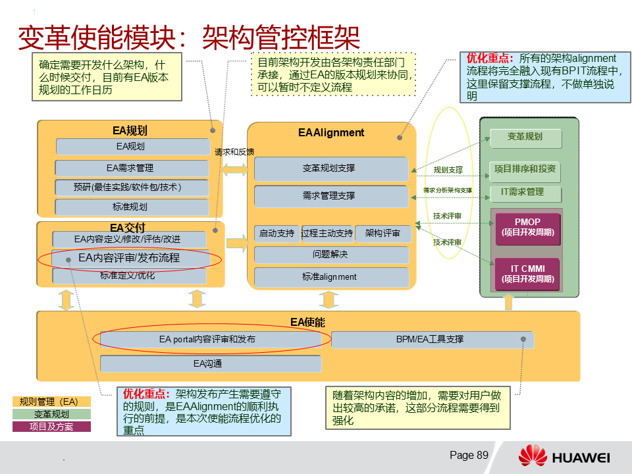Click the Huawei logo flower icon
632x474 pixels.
tap(533, 456)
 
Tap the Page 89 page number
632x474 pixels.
tap(469, 455)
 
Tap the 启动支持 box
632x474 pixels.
tap(276, 233)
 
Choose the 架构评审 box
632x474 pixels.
tap(382, 233)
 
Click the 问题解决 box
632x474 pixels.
tap(331, 254)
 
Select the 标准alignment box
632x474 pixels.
tap(331, 276)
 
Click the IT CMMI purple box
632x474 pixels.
tap(527, 274)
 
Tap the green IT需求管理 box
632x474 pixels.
tap(526, 192)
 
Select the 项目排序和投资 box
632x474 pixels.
tap(525, 169)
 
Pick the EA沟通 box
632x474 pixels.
tap(210, 363)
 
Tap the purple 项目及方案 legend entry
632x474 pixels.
tap(51, 427)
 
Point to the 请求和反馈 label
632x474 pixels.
tap(234, 151)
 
